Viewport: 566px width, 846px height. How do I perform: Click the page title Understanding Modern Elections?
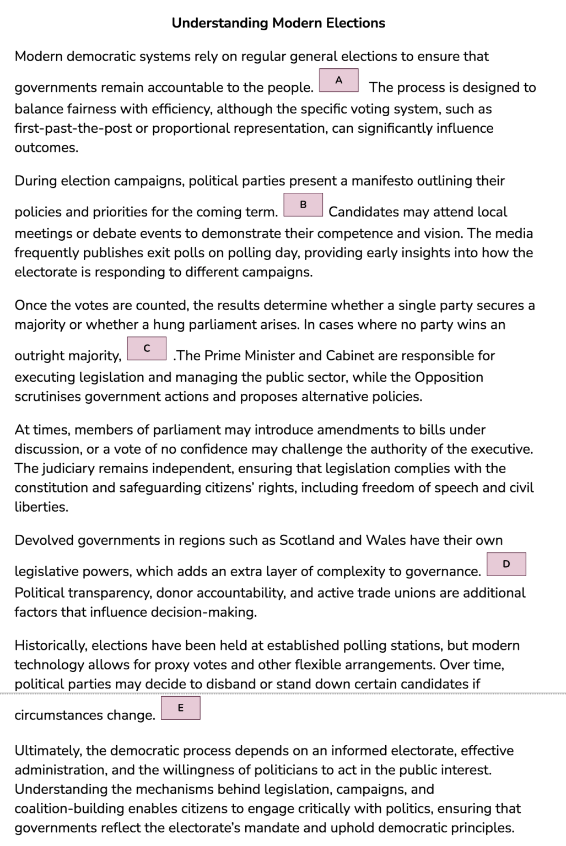coord(278,23)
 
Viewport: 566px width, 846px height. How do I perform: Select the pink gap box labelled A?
coord(339,80)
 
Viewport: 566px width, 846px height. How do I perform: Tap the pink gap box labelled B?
coord(303,205)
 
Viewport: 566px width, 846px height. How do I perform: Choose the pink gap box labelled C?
coord(147,349)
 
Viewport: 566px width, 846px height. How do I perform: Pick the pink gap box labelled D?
coord(506,564)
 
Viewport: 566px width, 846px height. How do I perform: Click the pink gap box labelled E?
coord(181,708)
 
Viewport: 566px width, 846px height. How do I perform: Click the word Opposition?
coord(449,377)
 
